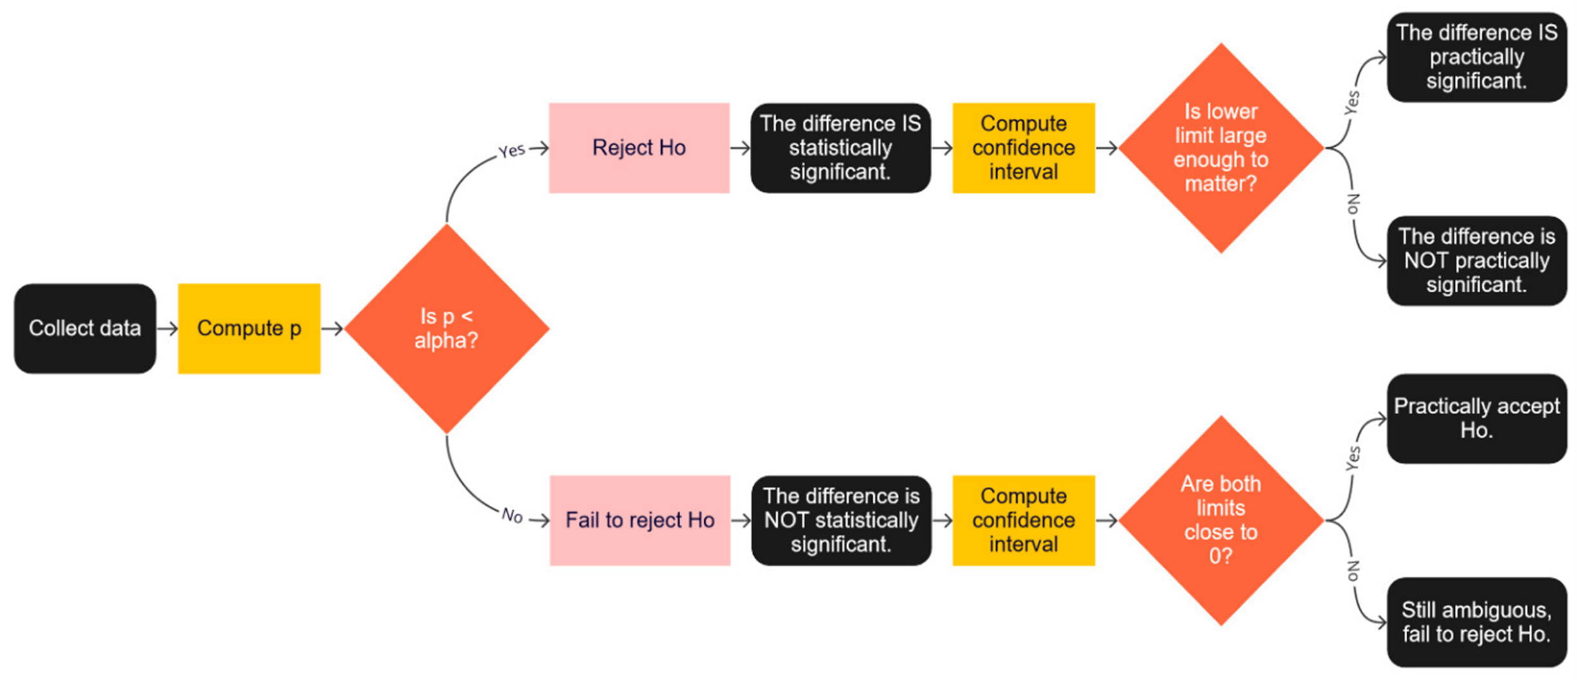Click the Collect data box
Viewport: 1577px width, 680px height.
point(85,328)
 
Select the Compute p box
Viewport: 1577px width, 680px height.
point(249,328)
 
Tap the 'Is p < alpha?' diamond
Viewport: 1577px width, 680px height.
point(446,328)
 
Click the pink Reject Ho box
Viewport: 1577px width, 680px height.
point(639,148)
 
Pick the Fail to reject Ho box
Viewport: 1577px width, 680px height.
point(640,520)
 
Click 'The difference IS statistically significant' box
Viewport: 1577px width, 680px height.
point(840,148)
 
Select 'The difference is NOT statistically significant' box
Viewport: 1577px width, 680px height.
point(841,520)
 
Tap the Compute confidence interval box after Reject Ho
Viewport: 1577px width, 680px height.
point(1023,148)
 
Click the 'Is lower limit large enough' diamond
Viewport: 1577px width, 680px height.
point(1221,148)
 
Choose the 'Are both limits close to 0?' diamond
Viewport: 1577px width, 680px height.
point(1221,520)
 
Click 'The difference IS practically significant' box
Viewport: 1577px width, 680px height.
point(1476,57)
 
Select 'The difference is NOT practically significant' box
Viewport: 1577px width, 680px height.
point(1476,261)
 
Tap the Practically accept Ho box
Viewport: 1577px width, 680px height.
point(1476,418)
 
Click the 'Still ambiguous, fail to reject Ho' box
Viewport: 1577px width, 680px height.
point(1476,622)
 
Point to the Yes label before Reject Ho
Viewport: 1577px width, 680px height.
point(512,150)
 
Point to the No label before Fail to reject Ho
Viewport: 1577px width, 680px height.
point(512,515)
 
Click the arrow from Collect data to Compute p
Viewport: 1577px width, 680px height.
point(167,328)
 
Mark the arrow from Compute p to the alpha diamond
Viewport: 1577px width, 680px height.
point(332,328)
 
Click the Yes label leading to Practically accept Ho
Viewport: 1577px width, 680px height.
point(1353,458)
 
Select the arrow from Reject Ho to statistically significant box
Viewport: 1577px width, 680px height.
point(740,148)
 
